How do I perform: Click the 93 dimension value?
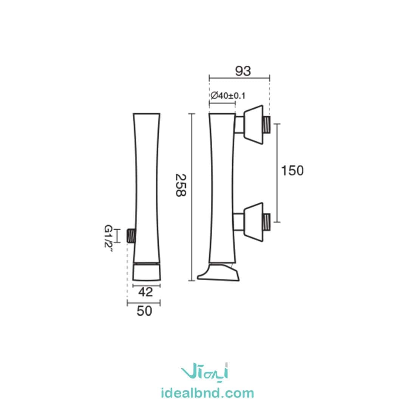243,71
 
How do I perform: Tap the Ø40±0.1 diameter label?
228,96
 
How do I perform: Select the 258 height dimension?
181,185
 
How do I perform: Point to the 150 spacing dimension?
292,171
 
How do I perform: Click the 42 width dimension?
145,292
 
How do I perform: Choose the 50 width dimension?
144,311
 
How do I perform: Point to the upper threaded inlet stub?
267,125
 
